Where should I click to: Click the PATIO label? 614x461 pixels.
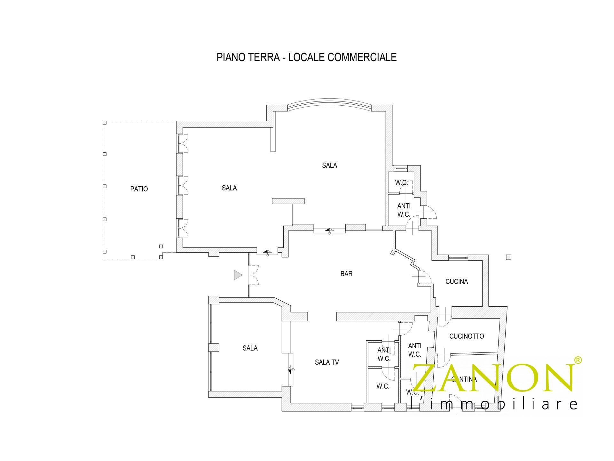point(139,189)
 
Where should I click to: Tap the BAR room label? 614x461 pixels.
point(347,274)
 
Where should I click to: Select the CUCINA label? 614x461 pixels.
point(456,281)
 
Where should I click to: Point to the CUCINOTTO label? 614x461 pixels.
point(466,336)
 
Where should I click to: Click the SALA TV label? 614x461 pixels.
point(327,362)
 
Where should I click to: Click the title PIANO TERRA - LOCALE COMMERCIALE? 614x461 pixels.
point(306,57)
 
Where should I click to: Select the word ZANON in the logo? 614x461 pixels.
point(494,378)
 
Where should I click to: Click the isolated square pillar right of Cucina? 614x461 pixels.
point(508,257)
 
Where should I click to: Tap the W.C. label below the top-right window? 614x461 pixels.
point(401,183)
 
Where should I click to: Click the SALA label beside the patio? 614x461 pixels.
point(229,188)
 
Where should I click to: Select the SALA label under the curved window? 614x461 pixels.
point(329,165)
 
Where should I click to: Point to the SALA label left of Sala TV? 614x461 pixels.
point(250,348)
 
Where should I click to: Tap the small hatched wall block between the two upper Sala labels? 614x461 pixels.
point(288,201)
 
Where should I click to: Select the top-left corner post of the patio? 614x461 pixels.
point(104,122)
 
